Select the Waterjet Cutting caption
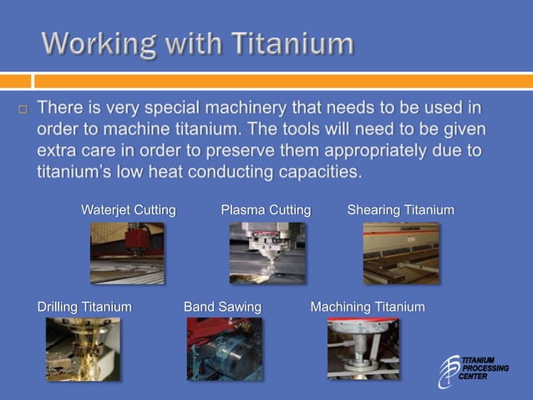tap(128, 210)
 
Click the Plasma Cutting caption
tap(266, 210)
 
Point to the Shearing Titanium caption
tap(400, 210)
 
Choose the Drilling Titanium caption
tap(84, 307)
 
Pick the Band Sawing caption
tap(222, 307)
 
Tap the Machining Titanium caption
tap(368, 307)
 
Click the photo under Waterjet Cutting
tap(127, 253)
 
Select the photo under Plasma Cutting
tap(266, 253)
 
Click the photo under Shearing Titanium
tap(400, 253)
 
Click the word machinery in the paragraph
tap(226, 109)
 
